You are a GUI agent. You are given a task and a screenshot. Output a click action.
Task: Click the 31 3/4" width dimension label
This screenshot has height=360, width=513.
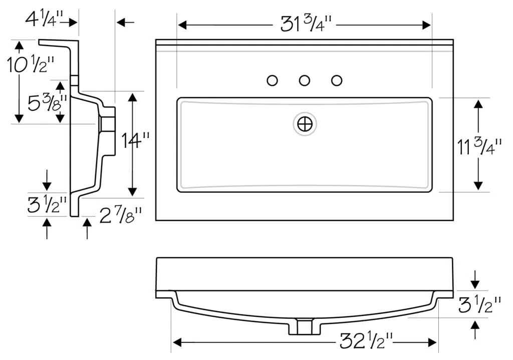[x=306, y=24]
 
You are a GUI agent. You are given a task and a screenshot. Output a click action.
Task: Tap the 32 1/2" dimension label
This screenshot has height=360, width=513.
[x=366, y=341]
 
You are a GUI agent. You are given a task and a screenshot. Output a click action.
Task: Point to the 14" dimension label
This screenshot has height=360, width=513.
[x=135, y=140]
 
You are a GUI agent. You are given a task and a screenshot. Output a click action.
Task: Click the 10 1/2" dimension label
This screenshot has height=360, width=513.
[x=31, y=65]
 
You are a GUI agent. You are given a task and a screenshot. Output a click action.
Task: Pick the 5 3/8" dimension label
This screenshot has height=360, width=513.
[x=48, y=102]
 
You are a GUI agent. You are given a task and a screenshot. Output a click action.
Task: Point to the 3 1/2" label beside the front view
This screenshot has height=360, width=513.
[x=479, y=304]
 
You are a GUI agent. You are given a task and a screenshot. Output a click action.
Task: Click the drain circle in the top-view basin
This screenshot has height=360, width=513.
[x=305, y=124]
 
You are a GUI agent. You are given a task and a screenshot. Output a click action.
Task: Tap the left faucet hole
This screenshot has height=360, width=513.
[x=273, y=80]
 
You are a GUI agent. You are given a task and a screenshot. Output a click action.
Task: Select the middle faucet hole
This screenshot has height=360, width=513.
[x=305, y=80]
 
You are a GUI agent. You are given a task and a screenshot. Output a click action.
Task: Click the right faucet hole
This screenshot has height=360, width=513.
[x=337, y=80]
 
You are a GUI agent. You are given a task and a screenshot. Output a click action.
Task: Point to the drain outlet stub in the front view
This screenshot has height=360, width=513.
[x=305, y=326]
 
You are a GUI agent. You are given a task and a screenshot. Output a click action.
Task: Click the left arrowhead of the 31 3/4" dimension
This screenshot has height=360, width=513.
[x=182, y=25]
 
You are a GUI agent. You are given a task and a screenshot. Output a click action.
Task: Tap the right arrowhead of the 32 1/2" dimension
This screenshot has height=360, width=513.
[x=432, y=342]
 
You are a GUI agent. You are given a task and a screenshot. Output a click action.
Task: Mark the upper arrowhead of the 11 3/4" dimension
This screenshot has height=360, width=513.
[x=478, y=104]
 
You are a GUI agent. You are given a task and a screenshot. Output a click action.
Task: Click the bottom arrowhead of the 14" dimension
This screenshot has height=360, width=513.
[x=132, y=192]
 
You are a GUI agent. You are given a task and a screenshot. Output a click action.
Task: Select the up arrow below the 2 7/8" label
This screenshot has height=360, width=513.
[x=87, y=229]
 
